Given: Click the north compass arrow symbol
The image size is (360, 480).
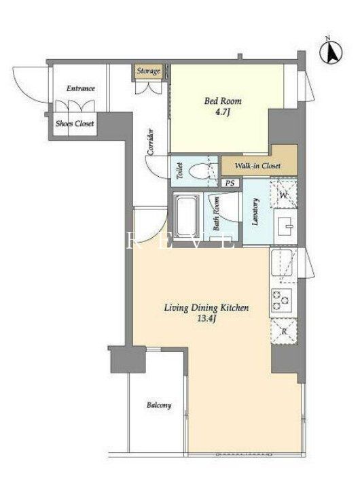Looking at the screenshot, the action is pyautogui.click(x=331, y=53).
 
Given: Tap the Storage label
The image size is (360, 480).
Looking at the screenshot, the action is pyautogui.click(x=148, y=71).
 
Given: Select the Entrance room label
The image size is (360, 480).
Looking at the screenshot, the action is pyautogui.click(x=81, y=88).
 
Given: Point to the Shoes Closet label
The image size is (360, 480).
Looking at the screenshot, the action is pyautogui.click(x=75, y=124).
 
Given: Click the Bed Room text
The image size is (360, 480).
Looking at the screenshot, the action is pyautogui.click(x=223, y=101).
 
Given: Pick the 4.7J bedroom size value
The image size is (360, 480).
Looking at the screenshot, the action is pyautogui.click(x=222, y=112).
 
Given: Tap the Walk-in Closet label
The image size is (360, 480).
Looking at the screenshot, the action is pyautogui.click(x=257, y=166).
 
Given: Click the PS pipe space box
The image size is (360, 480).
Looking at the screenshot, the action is pyautogui.click(x=230, y=183).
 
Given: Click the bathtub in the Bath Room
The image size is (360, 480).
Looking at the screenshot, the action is pyautogui.click(x=185, y=217).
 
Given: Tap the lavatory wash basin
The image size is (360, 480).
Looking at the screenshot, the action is pyautogui.click(x=285, y=226).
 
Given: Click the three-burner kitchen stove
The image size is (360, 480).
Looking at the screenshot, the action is pyautogui.click(x=281, y=299).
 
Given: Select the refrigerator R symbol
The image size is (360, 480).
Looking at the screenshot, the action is pyautogui.click(x=284, y=331).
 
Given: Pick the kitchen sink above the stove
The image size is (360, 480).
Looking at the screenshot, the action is pyautogui.click(x=281, y=263).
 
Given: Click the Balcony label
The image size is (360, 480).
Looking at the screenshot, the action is pyautogui.click(x=159, y=405).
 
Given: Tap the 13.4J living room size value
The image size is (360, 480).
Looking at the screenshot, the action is pyautogui.click(x=207, y=319).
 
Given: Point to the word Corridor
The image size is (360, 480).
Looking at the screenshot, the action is pyautogui.click(x=151, y=141).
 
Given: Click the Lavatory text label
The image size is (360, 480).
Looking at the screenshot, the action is pyautogui.click(x=255, y=212).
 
